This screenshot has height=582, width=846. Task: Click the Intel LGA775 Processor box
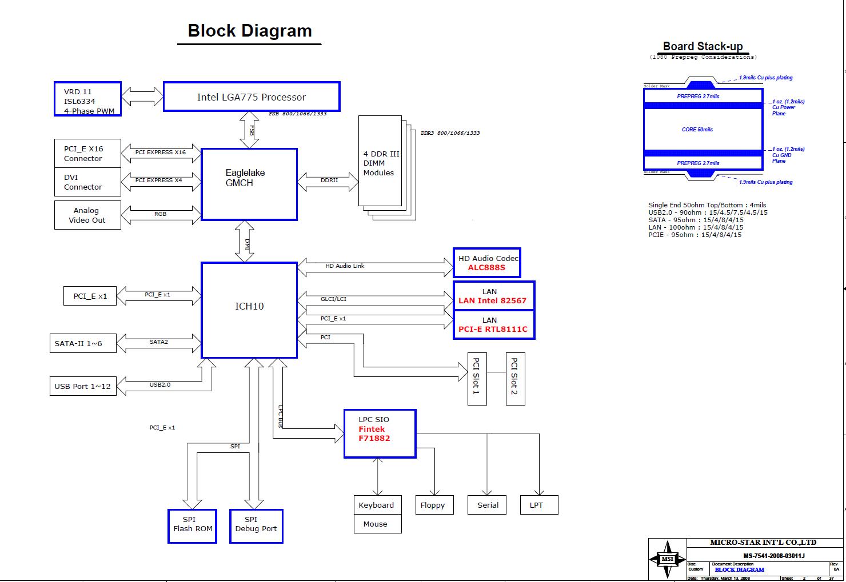(252, 97)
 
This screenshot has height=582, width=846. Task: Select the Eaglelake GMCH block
(249, 184)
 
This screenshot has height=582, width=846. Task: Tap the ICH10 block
(249, 310)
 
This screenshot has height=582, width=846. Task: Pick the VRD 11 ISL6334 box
(88, 99)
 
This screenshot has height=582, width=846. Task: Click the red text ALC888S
(486, 267)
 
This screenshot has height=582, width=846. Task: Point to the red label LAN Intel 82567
(492, 300)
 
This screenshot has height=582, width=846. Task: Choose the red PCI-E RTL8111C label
(493, 329)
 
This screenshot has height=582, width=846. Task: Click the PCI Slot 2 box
(515, 379)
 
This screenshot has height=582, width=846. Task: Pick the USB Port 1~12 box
(82, 386)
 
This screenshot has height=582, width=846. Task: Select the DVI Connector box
(87, 182)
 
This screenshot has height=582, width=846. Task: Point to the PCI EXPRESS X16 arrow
(161, 152)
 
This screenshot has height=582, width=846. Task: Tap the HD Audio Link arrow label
(345, 266)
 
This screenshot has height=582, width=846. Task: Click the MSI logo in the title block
(667, 559)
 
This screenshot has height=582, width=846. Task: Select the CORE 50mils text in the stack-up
(697, 130)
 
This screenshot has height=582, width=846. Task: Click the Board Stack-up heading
(703, 47)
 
